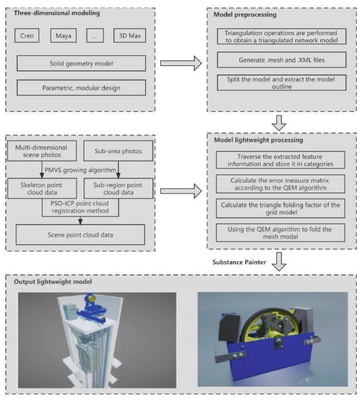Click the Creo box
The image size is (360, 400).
(x=27, y=35)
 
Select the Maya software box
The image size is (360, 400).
(x=63, y=35)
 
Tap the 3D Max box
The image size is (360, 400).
(x=129, y=35)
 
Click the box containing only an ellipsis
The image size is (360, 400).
(x=95, y=35)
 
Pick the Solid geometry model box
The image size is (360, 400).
(x=81, y=63)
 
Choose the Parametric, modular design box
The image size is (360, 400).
(x=81, y=88)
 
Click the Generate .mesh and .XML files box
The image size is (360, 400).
(x=281, y=60)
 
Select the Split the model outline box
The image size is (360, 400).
(x=281, y=83)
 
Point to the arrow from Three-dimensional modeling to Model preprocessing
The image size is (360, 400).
(x=181, y=63)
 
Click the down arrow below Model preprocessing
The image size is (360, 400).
(x=279, y=122)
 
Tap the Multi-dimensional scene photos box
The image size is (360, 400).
(x=42, y=151)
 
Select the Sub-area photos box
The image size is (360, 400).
(x=118, y=151)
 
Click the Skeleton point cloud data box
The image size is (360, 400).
(x=42, y=188)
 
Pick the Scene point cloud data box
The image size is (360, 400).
(x=80, y=235)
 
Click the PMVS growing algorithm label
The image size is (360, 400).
(x=80, y=170)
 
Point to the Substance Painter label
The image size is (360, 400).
(x=239, y=262)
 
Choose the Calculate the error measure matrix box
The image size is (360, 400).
(x=280, y=184)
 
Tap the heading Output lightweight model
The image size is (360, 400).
(x=53, y=281)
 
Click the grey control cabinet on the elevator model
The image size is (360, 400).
(x=70, y=312)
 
